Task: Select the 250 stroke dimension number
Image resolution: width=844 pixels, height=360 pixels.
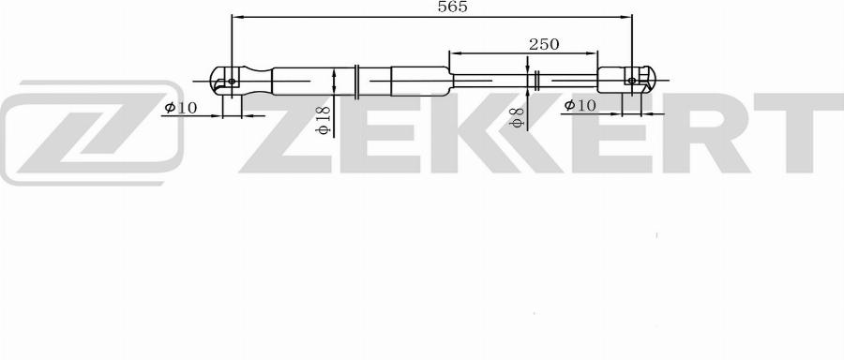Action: tap(543, 44)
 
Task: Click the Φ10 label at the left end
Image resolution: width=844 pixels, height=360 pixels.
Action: tap(180, 108)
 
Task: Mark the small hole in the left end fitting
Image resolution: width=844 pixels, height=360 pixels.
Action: tap(232, 82)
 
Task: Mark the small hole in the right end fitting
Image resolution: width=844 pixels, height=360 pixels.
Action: tap(631, 81)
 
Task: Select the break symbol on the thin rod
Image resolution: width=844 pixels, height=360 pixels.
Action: tap(535, 81)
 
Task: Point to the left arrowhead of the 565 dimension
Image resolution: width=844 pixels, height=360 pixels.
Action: tap(236, 17)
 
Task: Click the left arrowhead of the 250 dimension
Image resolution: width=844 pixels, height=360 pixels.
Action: tap(455, 54)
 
